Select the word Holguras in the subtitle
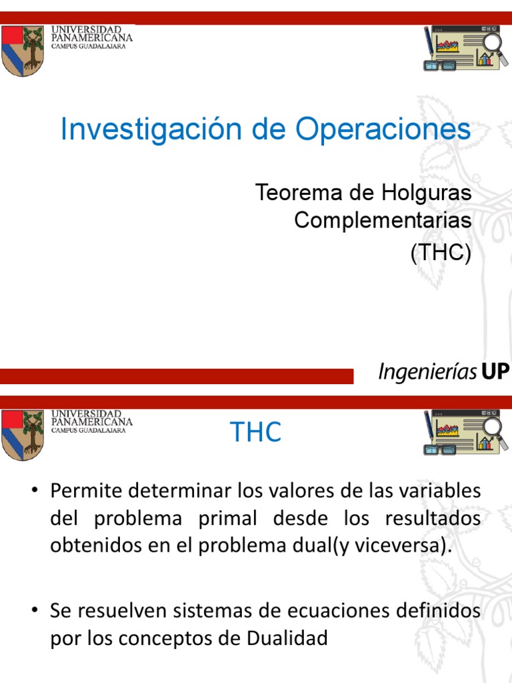[427, 193]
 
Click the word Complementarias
[383, 219]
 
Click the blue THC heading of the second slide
[255, 433]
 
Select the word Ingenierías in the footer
[427, 372]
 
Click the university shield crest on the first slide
[23, 50]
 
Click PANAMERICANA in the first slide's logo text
[92, 37]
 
